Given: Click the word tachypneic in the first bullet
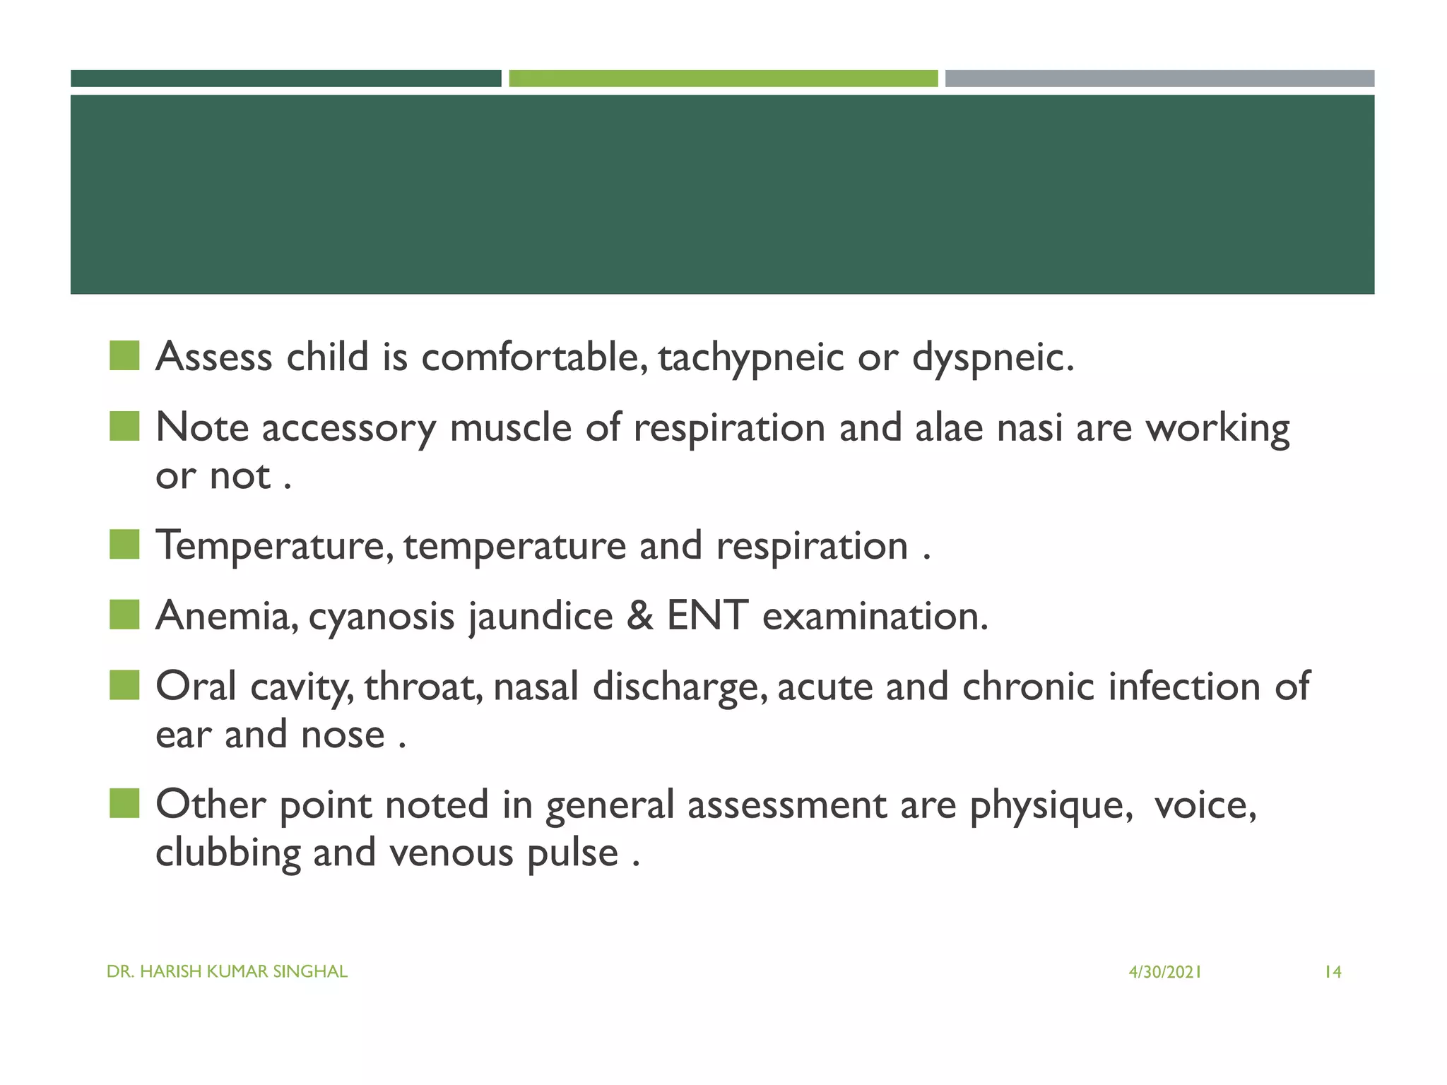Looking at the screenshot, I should [x=750, y=357].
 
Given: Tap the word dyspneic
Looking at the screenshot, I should [x=992, y=357].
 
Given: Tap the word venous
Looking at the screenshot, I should [x=451, y=853].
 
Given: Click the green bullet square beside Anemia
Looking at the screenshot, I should [x=124, y=615].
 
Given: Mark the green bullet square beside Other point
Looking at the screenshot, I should [x=124, y=803].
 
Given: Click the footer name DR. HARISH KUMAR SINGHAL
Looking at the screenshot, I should [x=227, y=972].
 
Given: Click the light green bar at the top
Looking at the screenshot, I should [x=723, y=78].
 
